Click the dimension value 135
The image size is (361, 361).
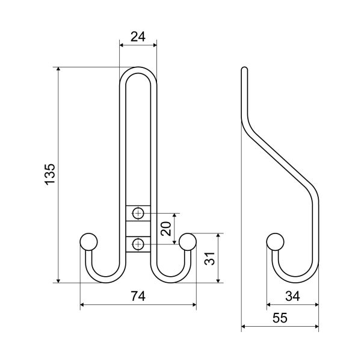point(50,174)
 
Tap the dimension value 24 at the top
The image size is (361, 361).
point(138,37)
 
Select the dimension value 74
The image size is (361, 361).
point(138,296)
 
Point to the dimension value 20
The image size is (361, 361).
point(166,229)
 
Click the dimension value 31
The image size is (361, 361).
point(210,259)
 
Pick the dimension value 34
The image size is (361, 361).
point(292,296)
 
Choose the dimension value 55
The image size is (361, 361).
point(280,318)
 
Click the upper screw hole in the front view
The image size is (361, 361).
point(138,214)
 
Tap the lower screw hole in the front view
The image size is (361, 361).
point(138,244)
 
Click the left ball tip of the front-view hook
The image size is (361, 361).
point(88,242)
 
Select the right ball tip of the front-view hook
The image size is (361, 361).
point(188,242)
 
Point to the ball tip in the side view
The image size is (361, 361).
point(275,242)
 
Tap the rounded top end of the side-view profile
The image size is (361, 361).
point(244,69)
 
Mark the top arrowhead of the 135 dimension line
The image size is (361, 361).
point(58,69)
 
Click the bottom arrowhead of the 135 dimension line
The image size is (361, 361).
point(58,280)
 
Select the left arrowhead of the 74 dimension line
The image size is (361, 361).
point(82,305)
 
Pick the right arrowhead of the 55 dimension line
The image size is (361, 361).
point(316,326)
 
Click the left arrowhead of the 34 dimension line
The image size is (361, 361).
point(269,305)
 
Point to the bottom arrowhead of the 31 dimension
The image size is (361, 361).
point(218,280)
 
